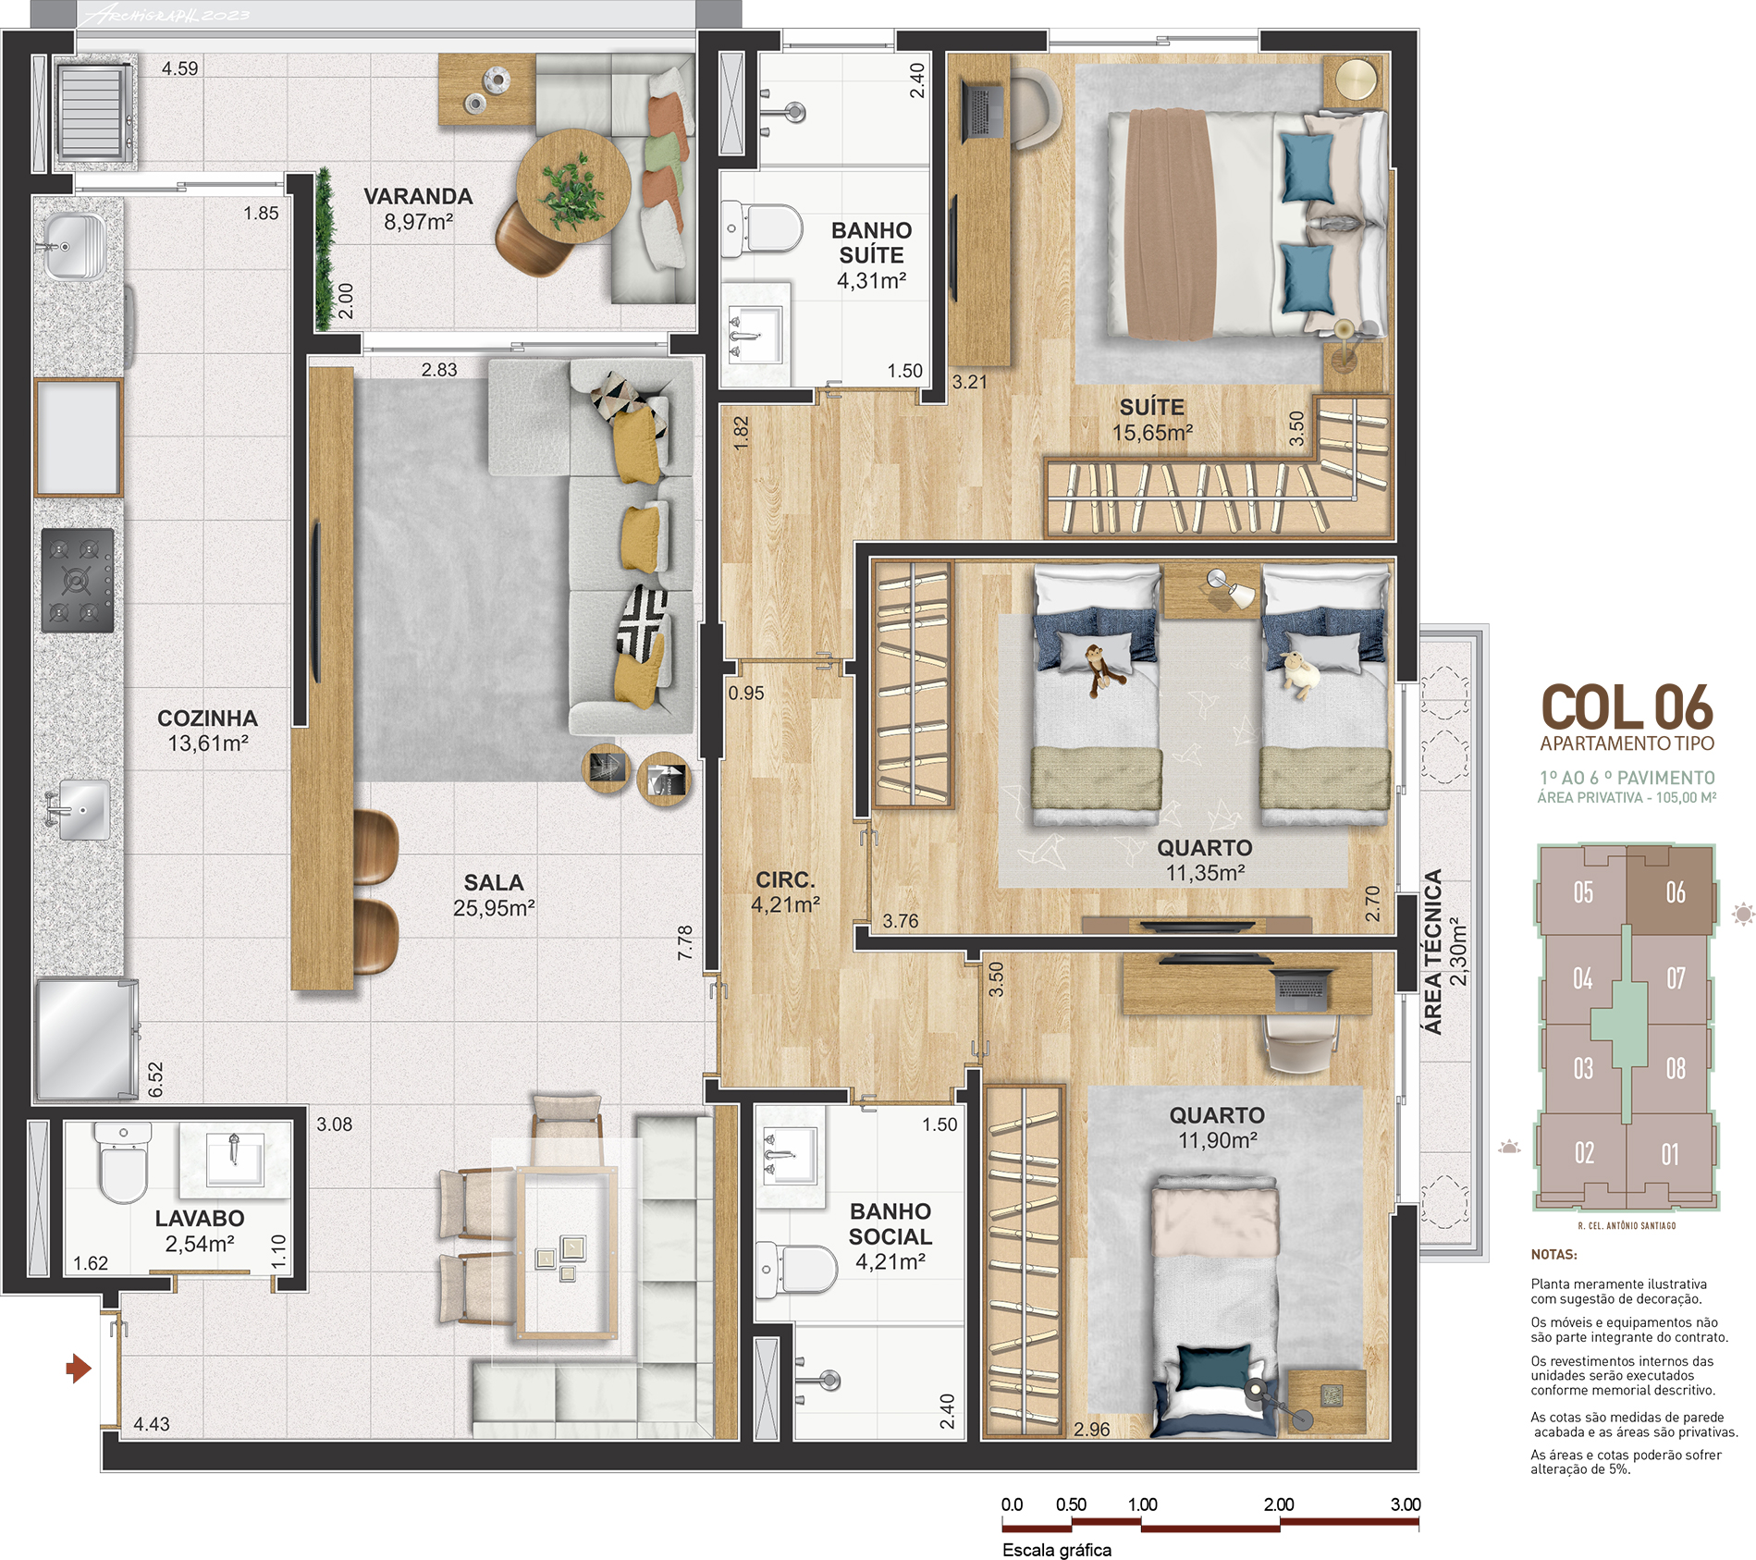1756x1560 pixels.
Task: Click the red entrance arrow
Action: (79, 1368)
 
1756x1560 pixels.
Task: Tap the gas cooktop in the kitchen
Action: (78, 581)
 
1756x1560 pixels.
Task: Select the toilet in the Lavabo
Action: (123, 1161)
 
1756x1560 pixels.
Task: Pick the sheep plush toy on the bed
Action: (1300, 674)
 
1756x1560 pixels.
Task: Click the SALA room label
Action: (494, 883)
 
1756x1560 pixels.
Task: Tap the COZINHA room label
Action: (207, 719)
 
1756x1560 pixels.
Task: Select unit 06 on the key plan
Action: (1671, 890)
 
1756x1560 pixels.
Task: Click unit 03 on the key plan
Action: (1583, 1069)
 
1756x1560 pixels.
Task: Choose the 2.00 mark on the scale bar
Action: (1279, 1505)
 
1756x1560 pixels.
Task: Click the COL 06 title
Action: (1627, 708)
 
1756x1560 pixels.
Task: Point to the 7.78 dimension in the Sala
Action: (685, 942)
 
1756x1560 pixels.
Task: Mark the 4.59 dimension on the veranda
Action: (180, 68)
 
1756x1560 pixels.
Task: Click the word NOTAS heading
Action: (1553, 1255)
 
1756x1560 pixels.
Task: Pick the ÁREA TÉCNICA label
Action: (1432, 952)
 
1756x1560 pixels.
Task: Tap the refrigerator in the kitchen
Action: (85, 1040)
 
